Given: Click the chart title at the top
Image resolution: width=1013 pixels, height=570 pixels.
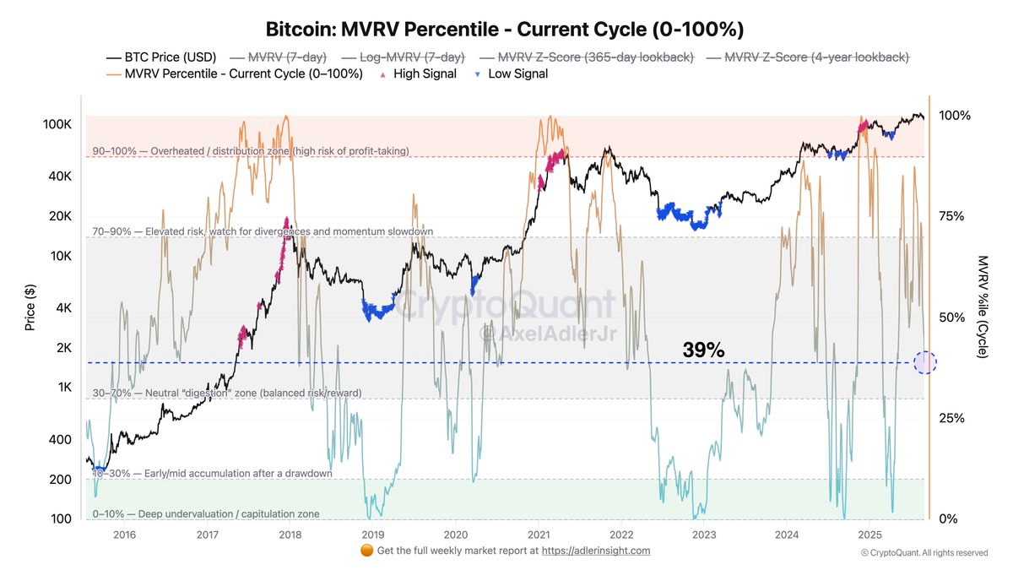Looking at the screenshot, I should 505,30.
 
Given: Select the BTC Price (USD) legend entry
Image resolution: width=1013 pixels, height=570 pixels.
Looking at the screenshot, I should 161,57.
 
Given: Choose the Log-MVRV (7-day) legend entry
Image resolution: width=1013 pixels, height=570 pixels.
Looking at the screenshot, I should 404,57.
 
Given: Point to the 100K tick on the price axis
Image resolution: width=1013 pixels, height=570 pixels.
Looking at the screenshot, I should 57,124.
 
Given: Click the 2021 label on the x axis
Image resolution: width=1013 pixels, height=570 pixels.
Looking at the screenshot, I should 538,535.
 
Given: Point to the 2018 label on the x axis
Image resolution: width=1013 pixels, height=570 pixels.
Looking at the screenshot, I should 290,535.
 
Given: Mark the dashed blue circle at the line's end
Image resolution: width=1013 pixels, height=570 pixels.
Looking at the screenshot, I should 925,363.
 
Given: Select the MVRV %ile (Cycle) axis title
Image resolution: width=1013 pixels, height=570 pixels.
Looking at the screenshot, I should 982,307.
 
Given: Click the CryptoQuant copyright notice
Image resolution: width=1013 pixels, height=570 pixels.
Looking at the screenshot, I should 924,553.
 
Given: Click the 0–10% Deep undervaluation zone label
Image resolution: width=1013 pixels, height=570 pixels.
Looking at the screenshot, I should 206,513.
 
